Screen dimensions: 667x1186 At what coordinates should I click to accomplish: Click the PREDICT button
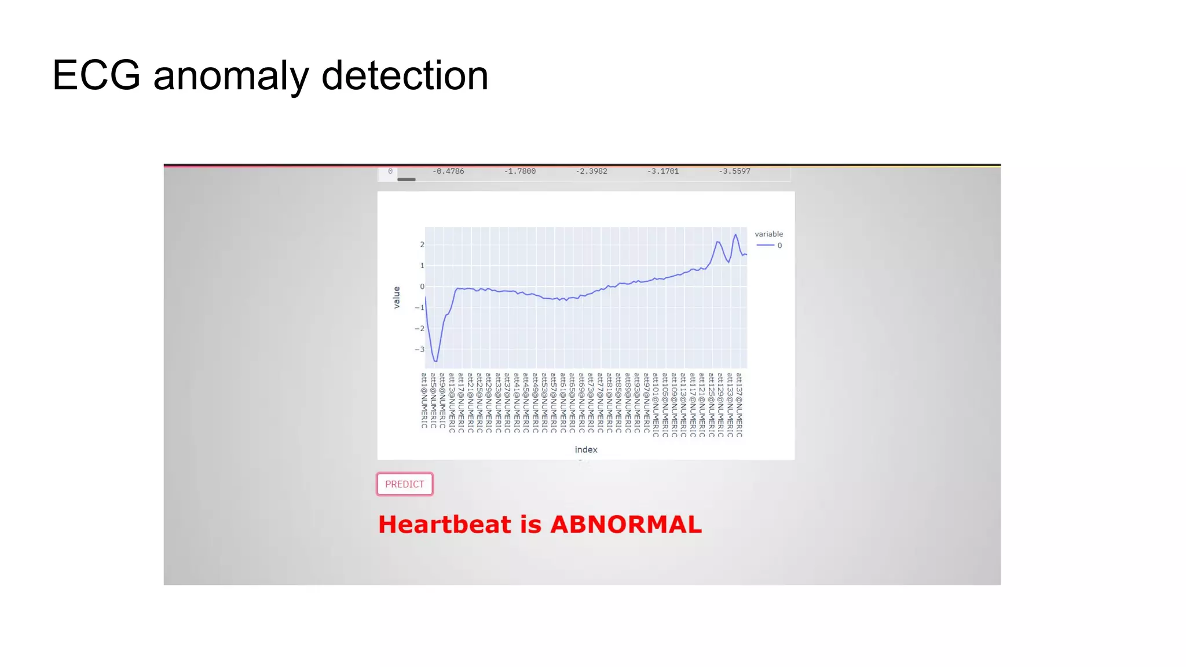pos(405,484)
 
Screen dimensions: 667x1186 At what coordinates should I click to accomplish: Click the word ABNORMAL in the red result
pos(626,525)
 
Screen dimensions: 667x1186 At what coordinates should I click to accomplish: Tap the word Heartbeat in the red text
pos(445,525)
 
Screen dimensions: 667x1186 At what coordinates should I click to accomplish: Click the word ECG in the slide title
pos(96,75)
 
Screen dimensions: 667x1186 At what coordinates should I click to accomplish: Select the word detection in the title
pos(405,75)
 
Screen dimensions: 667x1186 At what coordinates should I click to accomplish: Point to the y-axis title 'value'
pos(397,298)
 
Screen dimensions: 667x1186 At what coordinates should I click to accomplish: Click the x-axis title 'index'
pos(585,450)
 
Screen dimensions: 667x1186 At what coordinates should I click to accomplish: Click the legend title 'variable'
pos(768,234)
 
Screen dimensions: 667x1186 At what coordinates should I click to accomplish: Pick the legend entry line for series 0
pos(766,245)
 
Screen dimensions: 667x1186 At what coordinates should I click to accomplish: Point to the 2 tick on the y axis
pos(422,245)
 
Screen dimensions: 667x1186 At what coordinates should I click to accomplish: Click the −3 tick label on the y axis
pos(420,350)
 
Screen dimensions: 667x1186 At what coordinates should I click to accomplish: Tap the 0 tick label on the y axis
pos(422,287)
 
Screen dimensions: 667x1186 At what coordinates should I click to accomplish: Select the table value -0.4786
pos(448,171)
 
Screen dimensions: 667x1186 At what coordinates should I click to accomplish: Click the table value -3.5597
pos(734,171)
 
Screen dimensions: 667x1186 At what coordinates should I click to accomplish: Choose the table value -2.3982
pos(591,171)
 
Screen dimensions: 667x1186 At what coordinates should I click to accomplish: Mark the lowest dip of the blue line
pos(435,361)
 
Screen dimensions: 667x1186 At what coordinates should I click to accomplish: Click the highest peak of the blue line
pos(735,234)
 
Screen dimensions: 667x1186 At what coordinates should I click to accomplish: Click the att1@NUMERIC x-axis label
pos(424,401)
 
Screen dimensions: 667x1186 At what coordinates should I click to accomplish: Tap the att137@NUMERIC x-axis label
pos(740,404)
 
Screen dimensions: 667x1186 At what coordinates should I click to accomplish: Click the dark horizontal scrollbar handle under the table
pos(407,179)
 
